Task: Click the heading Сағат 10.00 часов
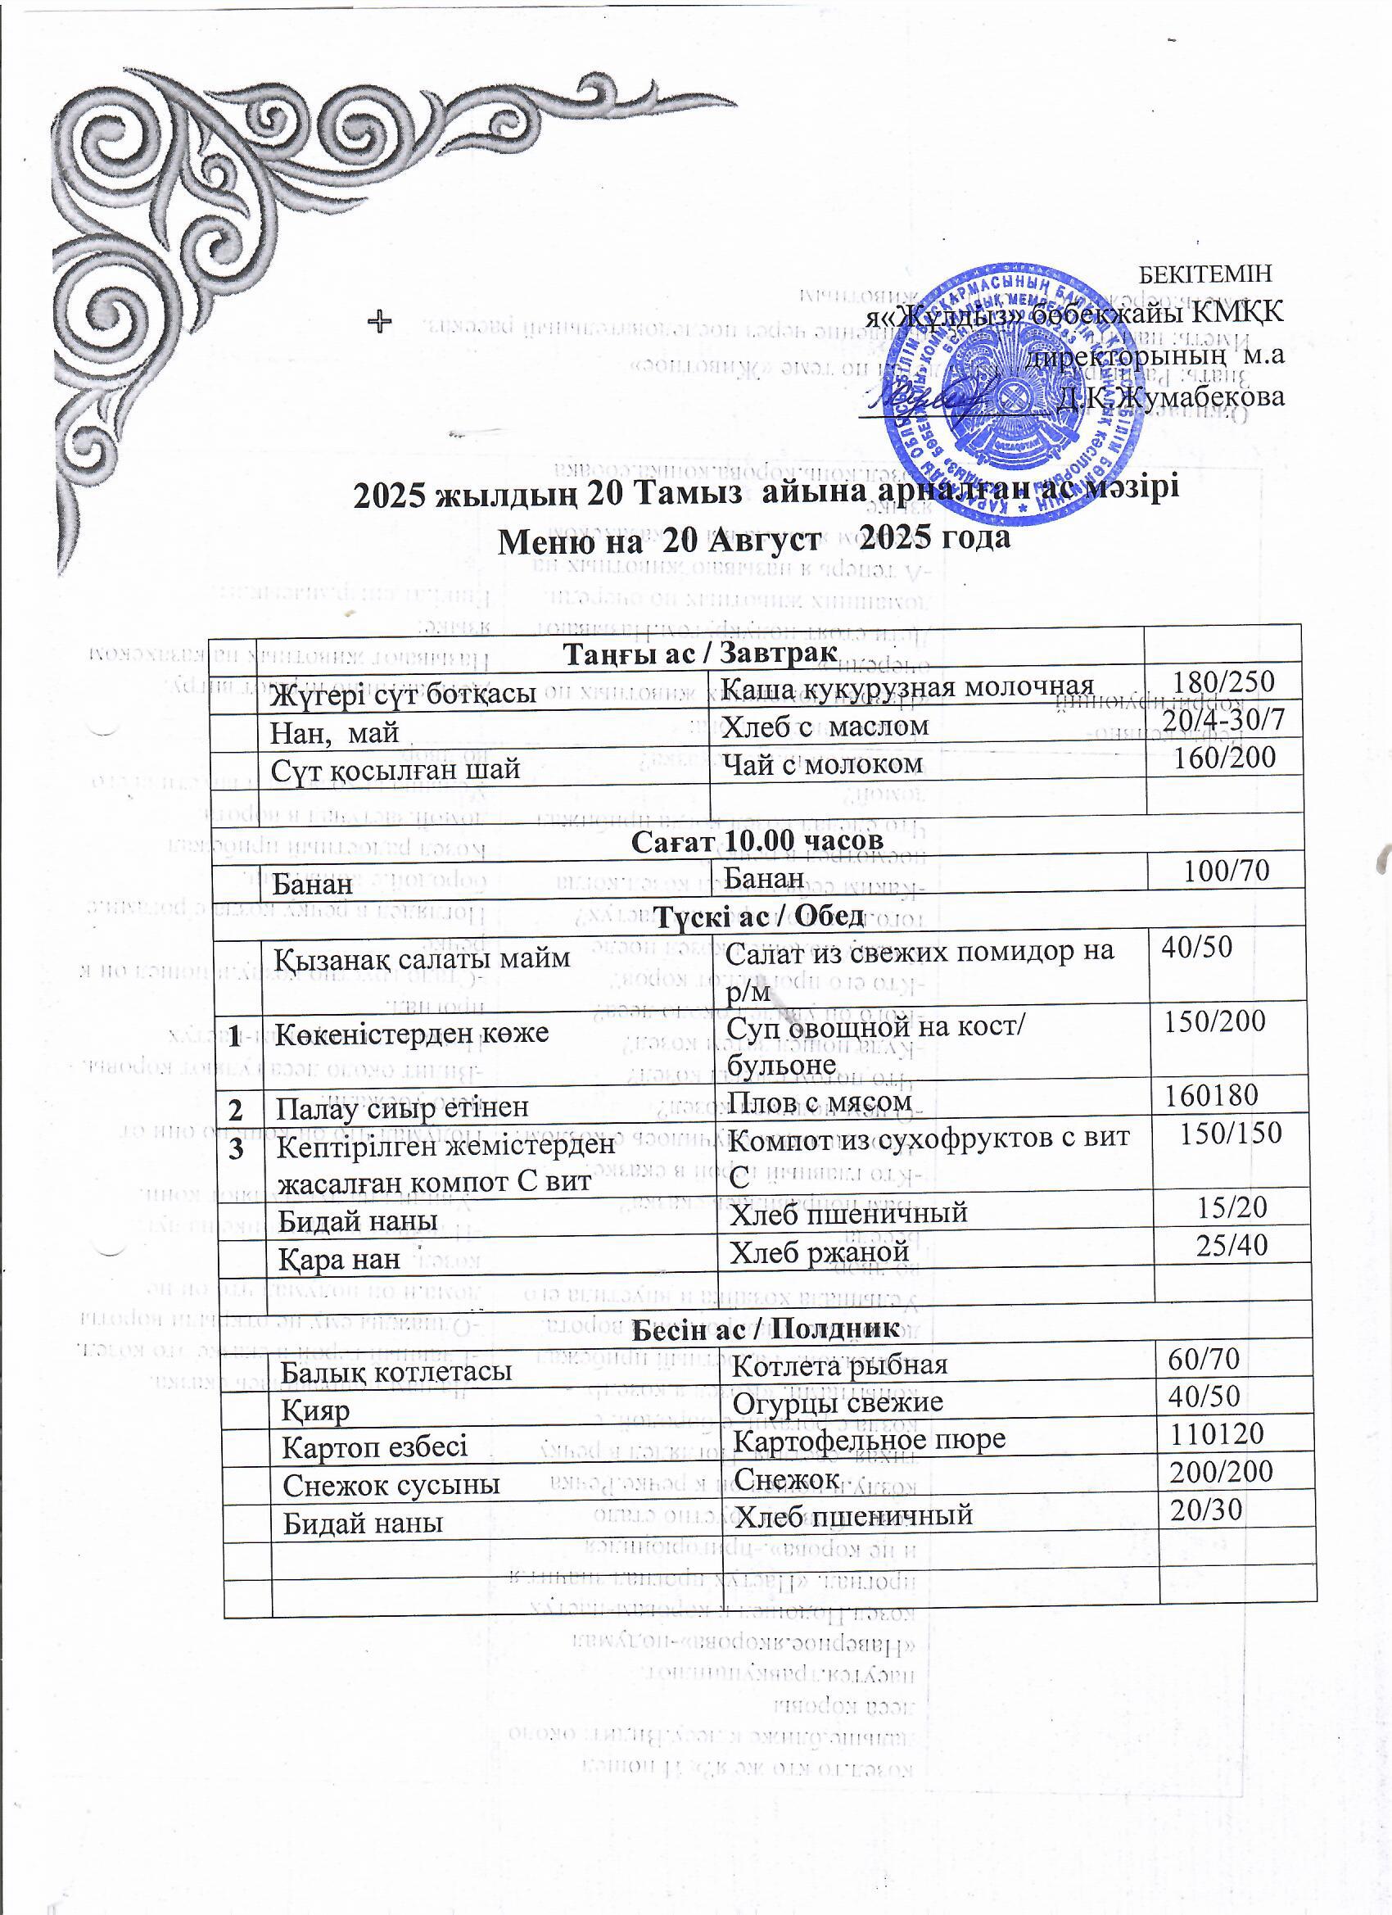coord(757,840)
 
